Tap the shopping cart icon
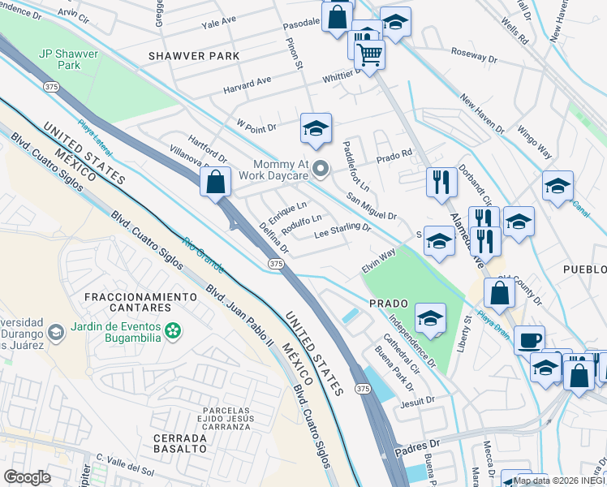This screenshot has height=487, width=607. tap(369, 55)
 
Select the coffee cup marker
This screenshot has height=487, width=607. tap(529, 339)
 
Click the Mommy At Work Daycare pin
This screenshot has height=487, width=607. tap(321, 169)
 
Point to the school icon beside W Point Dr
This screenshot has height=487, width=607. tap(316, 127)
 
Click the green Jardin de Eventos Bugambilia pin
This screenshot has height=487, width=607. tap(172, 330)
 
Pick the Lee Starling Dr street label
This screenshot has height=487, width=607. tap(343, 233)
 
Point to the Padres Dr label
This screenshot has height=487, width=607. tap(417, 446)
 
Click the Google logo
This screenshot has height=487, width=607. tap(28, 476)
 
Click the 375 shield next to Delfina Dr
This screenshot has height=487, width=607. tap(276, 264)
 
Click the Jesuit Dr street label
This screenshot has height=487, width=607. tap(418, 399)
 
